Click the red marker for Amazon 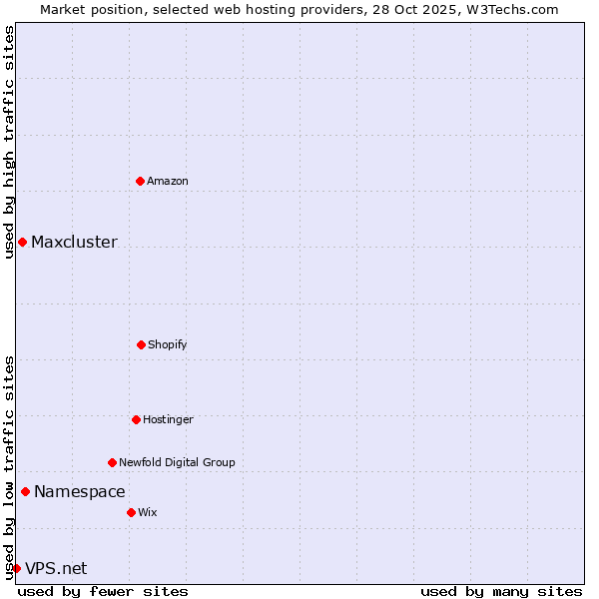tap(140, 181)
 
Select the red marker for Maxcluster tap(22, 242)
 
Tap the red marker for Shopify tap(141, 344)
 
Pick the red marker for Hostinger tap(136, 419)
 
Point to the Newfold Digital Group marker tap(112, 462)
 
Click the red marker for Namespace tap(25, 491)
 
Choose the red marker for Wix tap(131, 512)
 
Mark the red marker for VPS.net tap(16, 568)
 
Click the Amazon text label tap(168, 181)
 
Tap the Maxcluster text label tap(74, 242)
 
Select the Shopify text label tap(168, 344)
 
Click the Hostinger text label tap(168, 419)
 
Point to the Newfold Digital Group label tap(177, 462)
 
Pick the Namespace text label tap(80, 491)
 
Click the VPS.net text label tap(56, 568)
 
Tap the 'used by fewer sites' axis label tap(103, 591)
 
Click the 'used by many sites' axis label tap(501, 591)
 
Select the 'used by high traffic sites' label tap(9, 143)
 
